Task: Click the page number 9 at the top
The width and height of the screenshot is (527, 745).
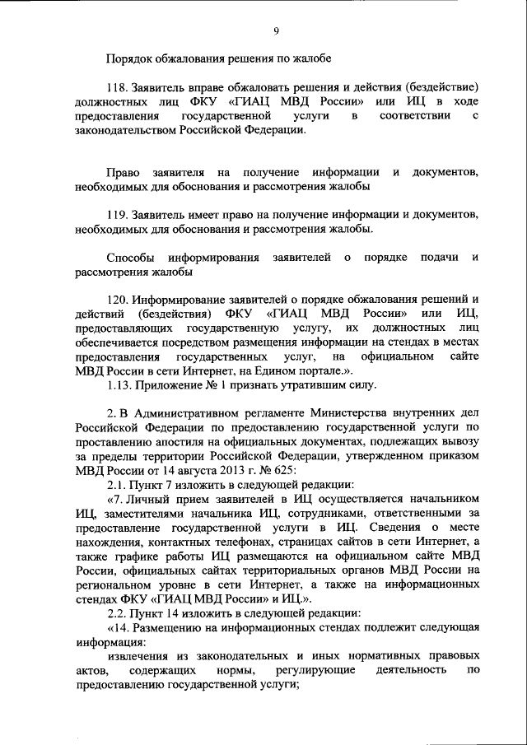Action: (276, 30)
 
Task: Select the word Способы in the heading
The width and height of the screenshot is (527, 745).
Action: (130, 258)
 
